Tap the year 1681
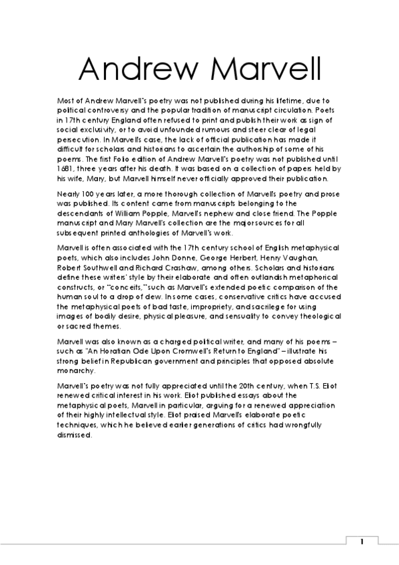[69, 169]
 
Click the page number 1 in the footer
[362, 542]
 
